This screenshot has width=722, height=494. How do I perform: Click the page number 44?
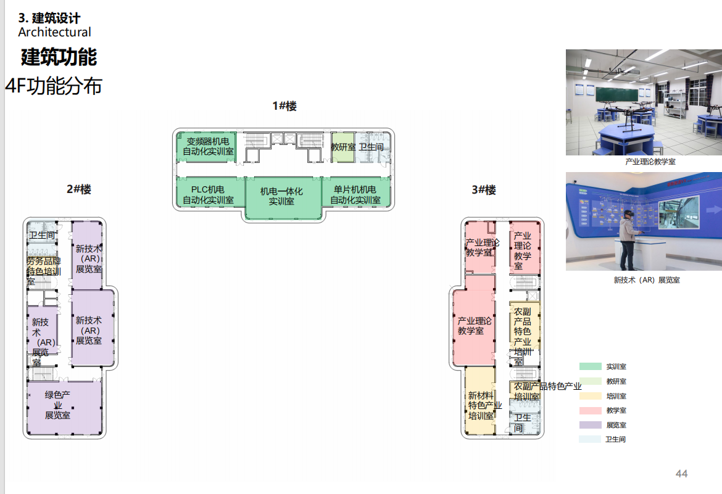tap(681, 474)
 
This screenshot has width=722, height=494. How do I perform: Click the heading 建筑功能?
tap(59, 57)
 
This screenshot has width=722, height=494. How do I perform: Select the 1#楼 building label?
tap(284, 106)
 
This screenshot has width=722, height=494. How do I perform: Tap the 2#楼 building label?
tap(79, 189)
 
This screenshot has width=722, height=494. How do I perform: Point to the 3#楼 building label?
tap(484, 190)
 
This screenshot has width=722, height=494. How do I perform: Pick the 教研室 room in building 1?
tap(342, 147)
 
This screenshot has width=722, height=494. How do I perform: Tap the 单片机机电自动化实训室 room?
tap(356, 195)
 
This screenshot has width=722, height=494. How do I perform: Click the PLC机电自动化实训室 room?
tap(209, 195)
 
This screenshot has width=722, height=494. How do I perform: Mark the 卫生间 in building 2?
tap(43, 235)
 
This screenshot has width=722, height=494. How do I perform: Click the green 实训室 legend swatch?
tap(590, 366)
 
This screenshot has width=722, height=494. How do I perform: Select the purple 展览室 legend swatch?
tap(590, 425)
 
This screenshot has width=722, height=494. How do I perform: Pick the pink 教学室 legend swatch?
tap(590, 410)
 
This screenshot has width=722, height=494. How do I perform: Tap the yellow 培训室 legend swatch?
tap(590, 396)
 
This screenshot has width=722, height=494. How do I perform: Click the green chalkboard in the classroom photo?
tap(625, 94)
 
